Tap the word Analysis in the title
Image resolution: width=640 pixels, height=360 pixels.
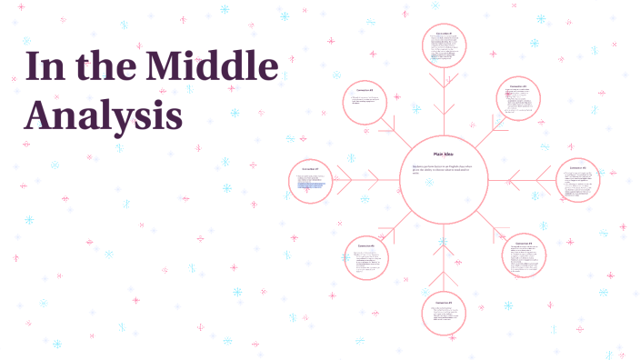[104, 116]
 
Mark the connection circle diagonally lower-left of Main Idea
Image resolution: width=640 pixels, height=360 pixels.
[366, 257]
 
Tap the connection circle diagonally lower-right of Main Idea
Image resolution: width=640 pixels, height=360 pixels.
[524, 255]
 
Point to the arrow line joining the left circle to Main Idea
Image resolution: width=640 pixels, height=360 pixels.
[367, 180]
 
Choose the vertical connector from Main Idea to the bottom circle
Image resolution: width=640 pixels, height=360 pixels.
[444, 257]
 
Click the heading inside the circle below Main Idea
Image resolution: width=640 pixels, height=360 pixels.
[444, 302]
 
